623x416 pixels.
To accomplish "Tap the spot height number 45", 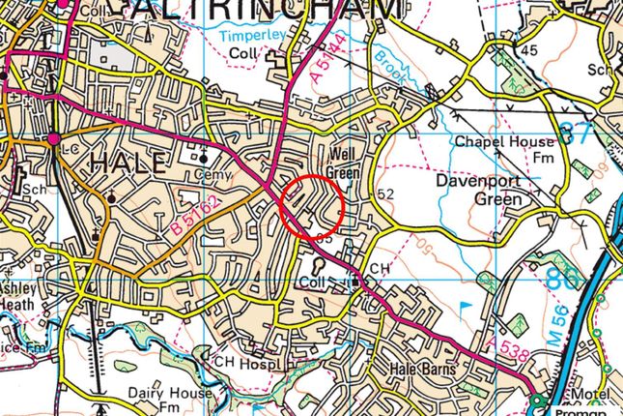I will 528,50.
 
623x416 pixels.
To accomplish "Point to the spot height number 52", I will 387,194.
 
